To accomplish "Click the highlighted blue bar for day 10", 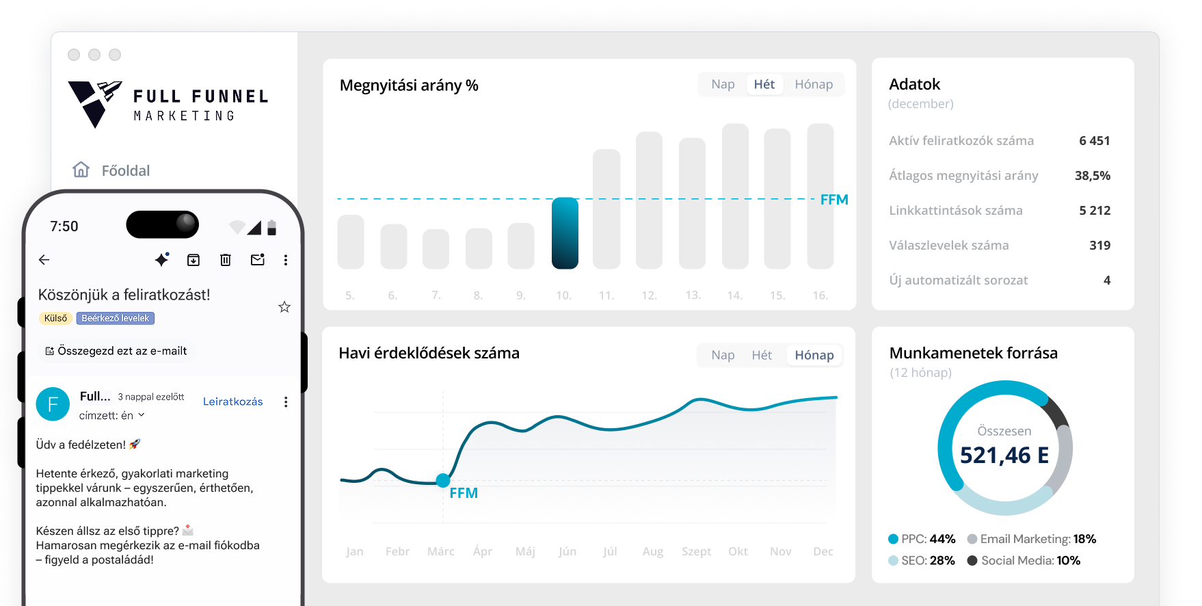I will tap(565, 233).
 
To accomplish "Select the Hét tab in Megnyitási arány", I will tap(764, 84).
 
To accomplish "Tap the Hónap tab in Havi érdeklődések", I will tap(814, 355).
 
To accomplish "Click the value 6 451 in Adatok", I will tap(1094, 141).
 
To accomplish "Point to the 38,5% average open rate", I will tap(1092, 176).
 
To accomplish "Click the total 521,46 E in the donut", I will tap(1004, 455).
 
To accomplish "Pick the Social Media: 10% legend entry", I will tap(1024, 560).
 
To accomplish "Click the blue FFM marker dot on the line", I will tap(443, 480).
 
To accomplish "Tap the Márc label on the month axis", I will tap(440, 551).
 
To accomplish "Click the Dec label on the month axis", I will tap(823, 551).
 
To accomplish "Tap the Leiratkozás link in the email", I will tap(232, 401).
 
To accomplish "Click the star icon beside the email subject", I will tap(284, 307).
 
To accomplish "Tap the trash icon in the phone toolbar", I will tap(226, 260).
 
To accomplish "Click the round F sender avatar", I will tap(53, 404).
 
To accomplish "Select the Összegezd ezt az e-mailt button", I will tap(116, 351).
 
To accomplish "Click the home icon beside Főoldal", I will tap(81, 170).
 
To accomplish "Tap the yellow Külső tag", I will tap(55, 318).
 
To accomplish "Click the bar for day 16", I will tap(820, 196).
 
